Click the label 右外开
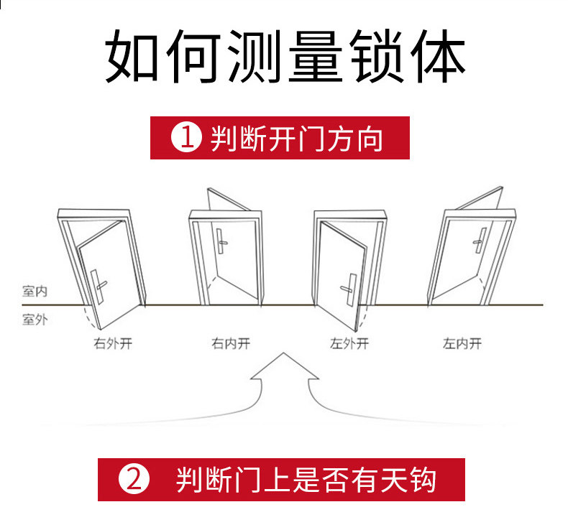click(x=113, y=343)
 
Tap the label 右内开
click(x=231, y=343)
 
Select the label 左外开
click(x=349, y=343)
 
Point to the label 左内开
click(x=462, y=343)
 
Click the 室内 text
click(x=34, y=292)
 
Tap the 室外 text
click(x=34, y=319)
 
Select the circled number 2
click(x=134, y=480)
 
